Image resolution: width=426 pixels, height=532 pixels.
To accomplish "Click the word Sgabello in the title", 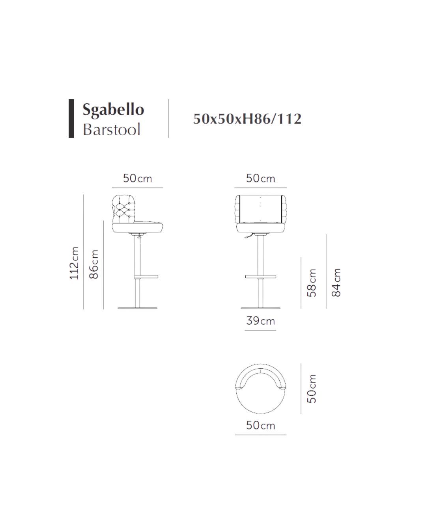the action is point(113,110).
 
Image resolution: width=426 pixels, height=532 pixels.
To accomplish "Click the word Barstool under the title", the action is point(111,129).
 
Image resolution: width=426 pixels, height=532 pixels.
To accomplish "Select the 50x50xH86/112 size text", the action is point(247,119).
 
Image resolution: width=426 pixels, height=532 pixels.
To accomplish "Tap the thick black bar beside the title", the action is point(71,118).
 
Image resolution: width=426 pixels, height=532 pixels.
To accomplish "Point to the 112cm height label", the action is point(74,263).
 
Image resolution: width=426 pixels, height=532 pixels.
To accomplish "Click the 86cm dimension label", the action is point(94,264).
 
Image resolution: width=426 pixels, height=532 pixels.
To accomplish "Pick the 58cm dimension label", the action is point(312,283).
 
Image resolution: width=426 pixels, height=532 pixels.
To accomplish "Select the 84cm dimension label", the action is point(336,282).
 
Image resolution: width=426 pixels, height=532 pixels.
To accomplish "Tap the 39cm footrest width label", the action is point(260,321).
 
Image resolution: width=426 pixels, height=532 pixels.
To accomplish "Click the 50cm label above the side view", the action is point(137,178).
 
